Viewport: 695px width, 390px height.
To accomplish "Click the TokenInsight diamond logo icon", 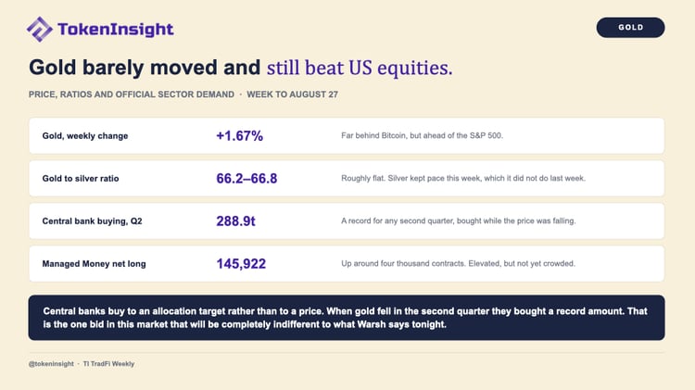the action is [x=40, y=30].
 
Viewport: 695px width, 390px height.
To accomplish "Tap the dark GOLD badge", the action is [x=630, y=28].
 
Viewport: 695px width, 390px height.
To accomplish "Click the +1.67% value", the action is [x=239, y=135].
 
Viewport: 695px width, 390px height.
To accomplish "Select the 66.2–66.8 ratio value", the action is [x=246, y=178].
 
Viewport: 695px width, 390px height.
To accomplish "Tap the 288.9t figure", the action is [x=235, y=220].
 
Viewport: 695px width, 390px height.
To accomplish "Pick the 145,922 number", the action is [x=241, y=264].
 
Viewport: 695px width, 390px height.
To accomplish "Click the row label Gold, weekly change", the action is [x=85, y=136].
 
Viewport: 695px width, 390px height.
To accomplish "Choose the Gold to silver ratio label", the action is [x=81, y=179].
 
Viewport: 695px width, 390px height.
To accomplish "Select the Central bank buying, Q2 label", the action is [x=92, y=221].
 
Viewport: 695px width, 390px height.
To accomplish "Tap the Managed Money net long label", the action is [x=94, y=264].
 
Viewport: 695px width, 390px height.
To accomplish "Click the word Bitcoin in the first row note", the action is [x=394, y=135].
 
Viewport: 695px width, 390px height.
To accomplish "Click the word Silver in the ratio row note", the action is [x=398, y=178].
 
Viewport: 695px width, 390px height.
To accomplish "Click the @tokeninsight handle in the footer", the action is [x=51, y=364].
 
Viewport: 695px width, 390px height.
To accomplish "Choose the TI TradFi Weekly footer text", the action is [x=108, y=364].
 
